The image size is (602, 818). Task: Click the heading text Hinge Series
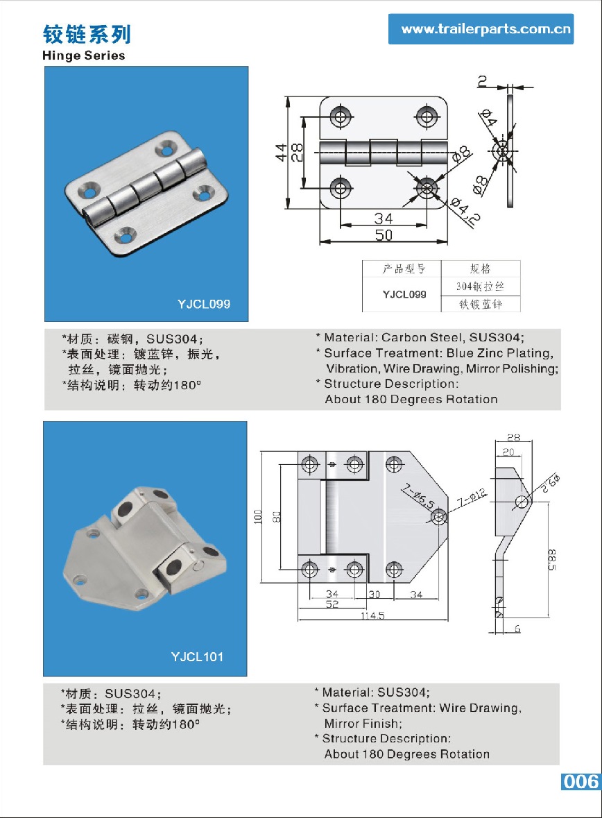click(x=84, y=56)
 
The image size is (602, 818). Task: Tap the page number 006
click(x=580, y=781)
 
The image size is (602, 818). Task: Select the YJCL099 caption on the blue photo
click(x=203, y=304)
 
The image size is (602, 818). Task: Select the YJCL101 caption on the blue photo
click(x=197, y=656)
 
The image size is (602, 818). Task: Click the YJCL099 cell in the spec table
click(x=404, y=294)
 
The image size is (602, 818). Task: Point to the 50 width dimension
click(x=384, y=235)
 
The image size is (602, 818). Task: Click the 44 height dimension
click(x=281, y=153)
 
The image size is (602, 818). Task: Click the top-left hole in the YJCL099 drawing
click(x=340, y=117)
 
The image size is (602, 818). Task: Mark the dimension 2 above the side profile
click(x=481, y=81)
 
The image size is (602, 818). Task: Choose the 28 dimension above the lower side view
click(x=513, y=438)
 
